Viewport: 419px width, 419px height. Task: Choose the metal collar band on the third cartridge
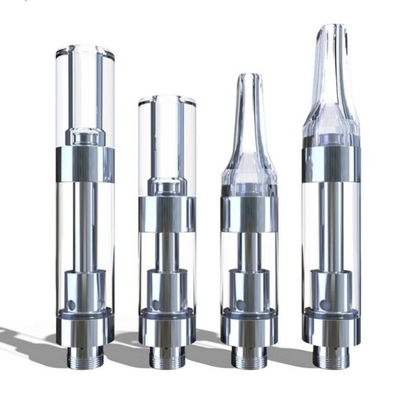click(247, 214)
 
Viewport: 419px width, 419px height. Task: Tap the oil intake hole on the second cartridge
click(154, 304)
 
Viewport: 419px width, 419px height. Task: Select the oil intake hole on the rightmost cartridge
click(318, 304)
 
